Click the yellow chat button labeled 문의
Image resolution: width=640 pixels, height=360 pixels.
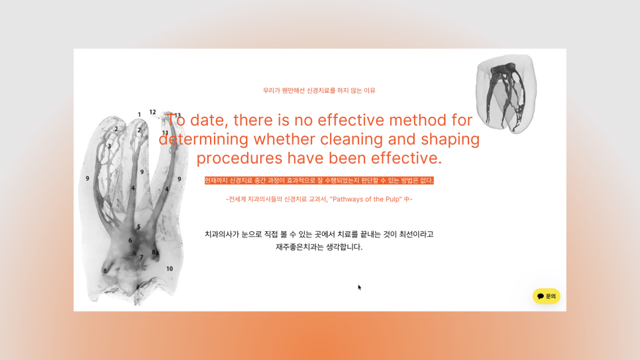click(547, 296)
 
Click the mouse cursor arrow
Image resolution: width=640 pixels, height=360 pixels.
click(360, 287)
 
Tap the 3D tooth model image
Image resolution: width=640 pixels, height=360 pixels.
click(506, 94)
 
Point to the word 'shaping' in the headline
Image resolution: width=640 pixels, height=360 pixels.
click(448, 140)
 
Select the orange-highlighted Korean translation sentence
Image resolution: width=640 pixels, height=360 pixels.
click(319, 180)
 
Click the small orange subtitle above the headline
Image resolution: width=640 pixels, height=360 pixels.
click(319, 90)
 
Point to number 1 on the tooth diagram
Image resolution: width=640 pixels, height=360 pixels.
click(139, 115)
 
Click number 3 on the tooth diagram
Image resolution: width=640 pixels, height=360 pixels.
click(109, 146)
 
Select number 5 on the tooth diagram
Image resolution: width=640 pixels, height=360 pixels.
click(138, 227)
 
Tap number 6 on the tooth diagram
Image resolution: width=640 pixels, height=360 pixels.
click(130, 241)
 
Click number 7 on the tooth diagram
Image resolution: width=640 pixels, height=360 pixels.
click(141, 257)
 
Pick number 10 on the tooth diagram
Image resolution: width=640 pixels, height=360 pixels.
click(170, 269)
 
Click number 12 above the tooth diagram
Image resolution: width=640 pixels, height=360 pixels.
click(152, 112)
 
